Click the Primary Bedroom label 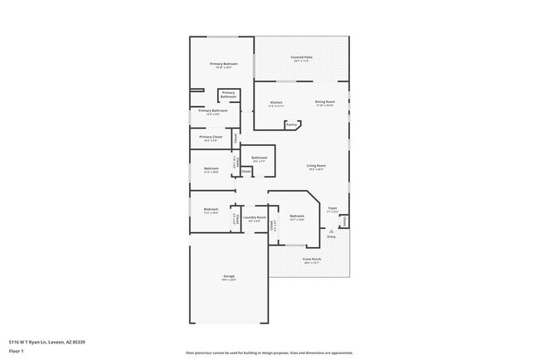224,64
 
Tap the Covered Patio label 300,57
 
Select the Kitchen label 277,103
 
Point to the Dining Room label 324,103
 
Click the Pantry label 292,126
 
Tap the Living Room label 316,165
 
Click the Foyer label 333,208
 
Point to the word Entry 332,237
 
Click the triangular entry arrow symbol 332,231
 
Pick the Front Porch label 310,259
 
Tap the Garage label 229,275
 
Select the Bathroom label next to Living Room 260,157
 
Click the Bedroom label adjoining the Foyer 297,216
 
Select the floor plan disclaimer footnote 269,353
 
